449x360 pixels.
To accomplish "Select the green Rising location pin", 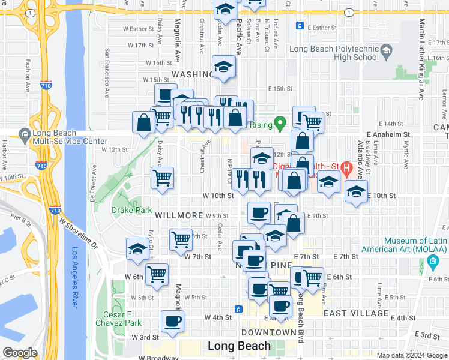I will [279, 124].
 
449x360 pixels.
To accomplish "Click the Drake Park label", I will [131, 210].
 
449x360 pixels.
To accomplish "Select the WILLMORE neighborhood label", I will [178, 215].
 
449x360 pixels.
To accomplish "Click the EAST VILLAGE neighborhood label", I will [355, 313].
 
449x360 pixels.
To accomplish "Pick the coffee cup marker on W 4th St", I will [173, 322].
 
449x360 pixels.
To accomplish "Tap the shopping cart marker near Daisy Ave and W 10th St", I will [163, 178].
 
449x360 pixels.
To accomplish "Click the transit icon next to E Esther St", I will [300, 26].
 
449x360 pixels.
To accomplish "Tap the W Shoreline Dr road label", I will [78, 233].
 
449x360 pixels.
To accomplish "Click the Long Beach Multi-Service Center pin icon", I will [25, 133].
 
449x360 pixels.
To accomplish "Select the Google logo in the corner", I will [20, 352].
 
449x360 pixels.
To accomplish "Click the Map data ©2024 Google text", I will [412, 355].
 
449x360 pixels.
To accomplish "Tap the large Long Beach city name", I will [238, 346].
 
